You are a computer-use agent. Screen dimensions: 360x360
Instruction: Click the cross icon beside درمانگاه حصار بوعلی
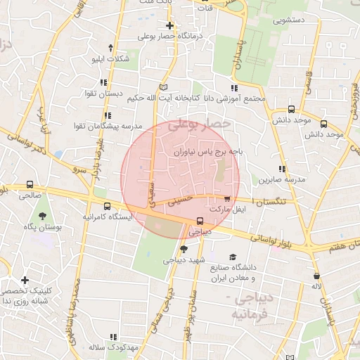[169, 26]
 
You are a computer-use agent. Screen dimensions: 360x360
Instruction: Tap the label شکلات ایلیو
[111, 59]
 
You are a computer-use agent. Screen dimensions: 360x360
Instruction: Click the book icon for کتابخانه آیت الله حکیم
[164, 86]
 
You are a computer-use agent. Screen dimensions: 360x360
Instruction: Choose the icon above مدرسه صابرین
[282, 169]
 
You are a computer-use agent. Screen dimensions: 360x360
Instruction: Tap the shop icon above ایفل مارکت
[226, 199]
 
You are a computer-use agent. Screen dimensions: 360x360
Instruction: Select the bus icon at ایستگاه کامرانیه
[107, 206]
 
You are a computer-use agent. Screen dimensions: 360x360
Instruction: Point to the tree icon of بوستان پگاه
[44, 216]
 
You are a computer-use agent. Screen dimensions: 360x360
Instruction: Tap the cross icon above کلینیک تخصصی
[25, 280]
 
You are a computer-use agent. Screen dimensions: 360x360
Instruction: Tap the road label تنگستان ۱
[276, 202]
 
